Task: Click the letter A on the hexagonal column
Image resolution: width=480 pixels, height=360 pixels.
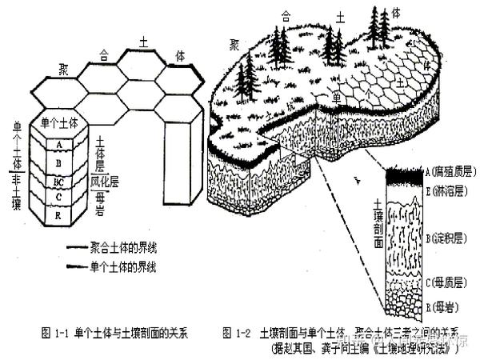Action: pyautogui.click(x=58, y=145)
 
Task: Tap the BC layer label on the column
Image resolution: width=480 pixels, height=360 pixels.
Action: pyautogui.click(x=58, y=181)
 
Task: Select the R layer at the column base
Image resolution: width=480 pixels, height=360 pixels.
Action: pyautogui.click(x=58, y=214)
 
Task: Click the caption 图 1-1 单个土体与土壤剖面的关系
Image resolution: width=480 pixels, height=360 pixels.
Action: pyautogui.click(x=117, y=331)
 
